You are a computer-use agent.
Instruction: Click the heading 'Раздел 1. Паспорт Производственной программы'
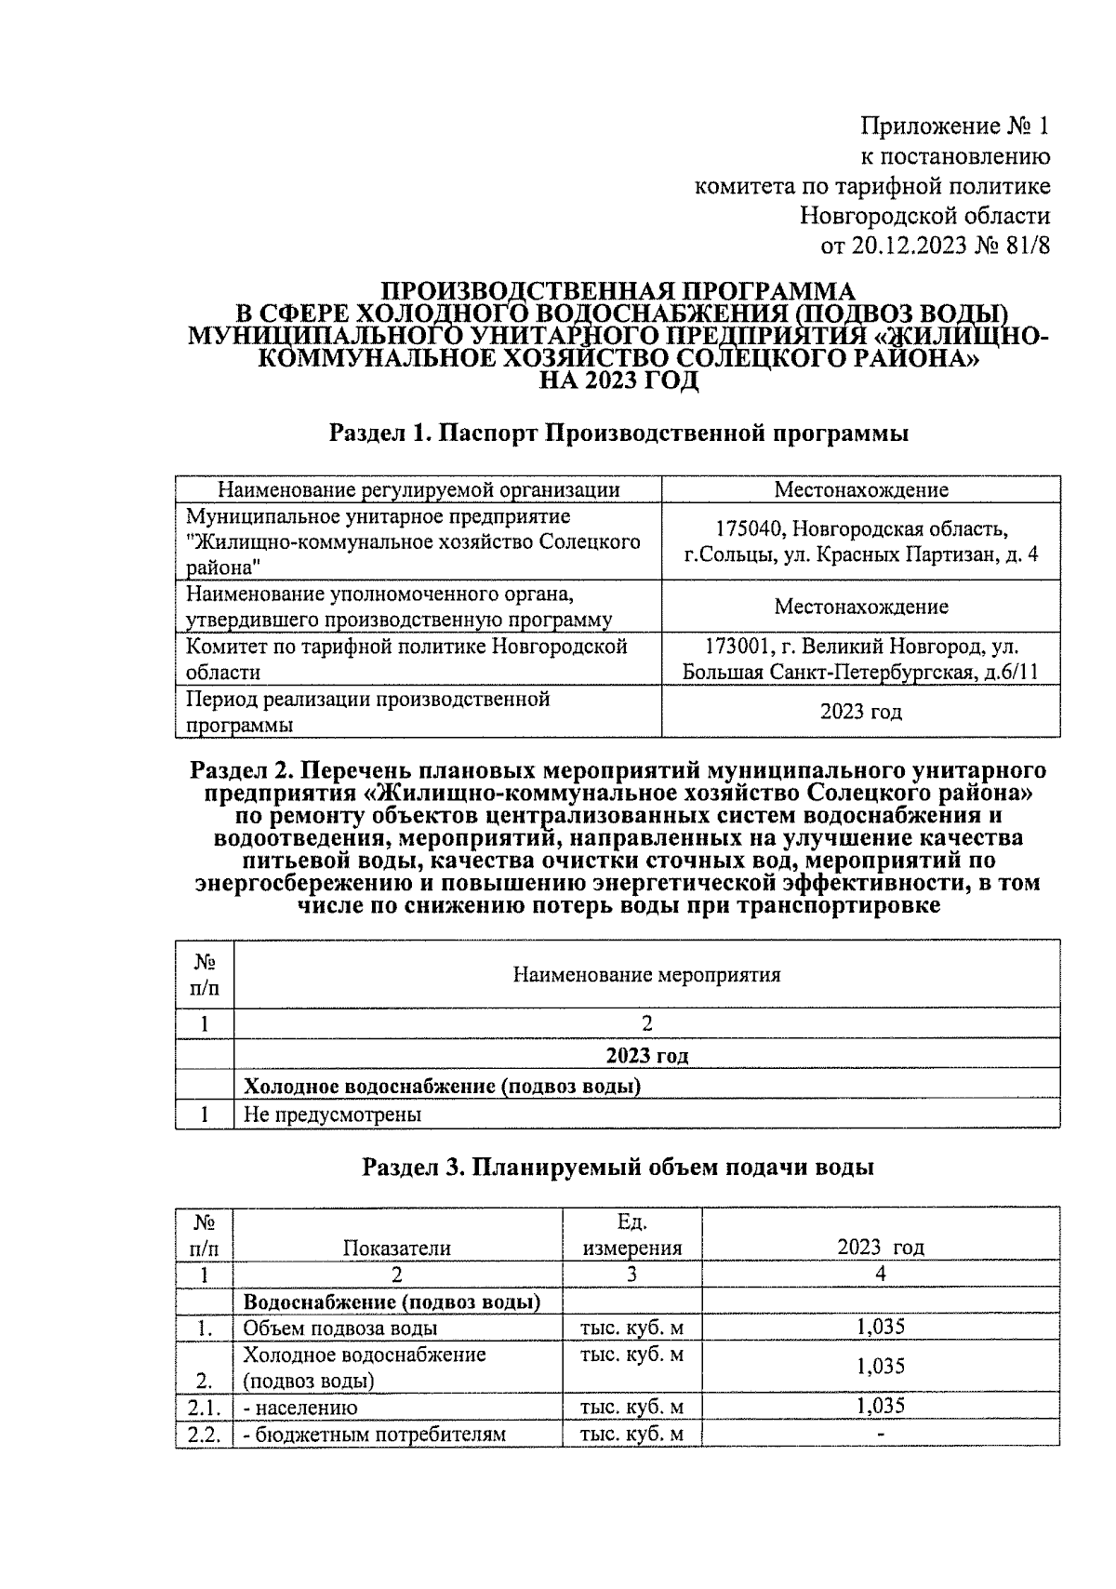[x=618, y=433]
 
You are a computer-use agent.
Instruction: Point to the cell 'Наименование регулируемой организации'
[x=418, y=490]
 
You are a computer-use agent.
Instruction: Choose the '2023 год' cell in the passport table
[x=860, y=712]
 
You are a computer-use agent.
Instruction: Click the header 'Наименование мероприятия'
[x=646, y=975]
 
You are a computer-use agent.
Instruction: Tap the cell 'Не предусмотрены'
[x=332, y=1114]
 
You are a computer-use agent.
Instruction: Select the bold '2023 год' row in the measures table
[x=646, y=1055]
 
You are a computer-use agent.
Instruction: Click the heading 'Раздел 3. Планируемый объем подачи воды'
[x=618, y=1168]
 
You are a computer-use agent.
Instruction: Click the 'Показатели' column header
[x=397, y=1248]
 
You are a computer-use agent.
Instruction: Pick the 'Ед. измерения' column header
[x=631, y=1235]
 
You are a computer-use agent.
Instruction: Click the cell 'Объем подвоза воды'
[x=340, y=1329]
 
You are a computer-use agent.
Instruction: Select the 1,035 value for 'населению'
[x=880, y=1406]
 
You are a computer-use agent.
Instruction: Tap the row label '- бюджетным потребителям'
[x=374, y=1434]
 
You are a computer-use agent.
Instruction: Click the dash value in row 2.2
[x=880, y=1434]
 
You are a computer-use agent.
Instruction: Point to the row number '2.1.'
[x=204, y=1407]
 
